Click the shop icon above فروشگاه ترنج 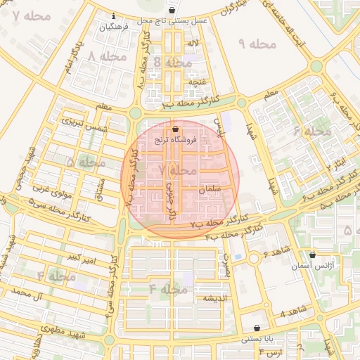pos(175,129)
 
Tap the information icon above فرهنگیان pos(115,15)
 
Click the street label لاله pos(193,44)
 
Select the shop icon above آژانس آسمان pos(312,255)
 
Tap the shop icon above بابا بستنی pos(257,328)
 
